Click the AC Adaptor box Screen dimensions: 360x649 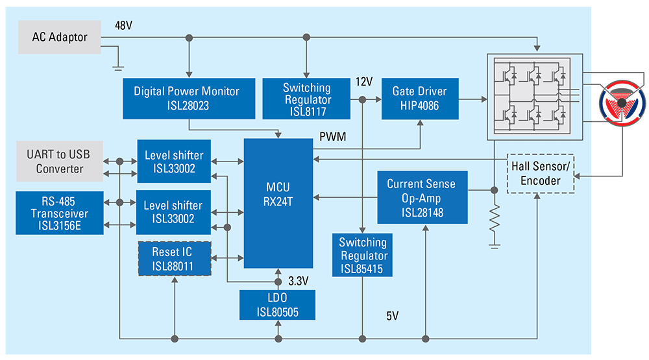click(59, 37)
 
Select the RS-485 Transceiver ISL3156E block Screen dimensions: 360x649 click(59, 213)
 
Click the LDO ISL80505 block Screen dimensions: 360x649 click(276, 305)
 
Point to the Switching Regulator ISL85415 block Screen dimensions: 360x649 click(362, 256)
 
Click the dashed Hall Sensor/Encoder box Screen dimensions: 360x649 click(540, 173)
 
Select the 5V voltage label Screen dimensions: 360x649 click(392, 317)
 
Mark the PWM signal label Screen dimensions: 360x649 click(332, 137)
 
